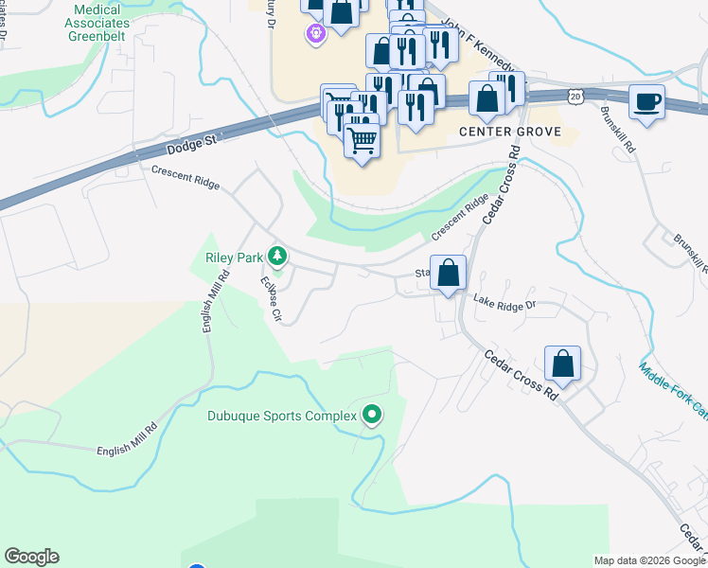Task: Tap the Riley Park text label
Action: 233,257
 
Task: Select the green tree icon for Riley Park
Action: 277,256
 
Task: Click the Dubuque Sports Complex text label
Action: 282,416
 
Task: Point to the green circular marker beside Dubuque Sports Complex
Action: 373,415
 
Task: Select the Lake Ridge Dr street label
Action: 504,303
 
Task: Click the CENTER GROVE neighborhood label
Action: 510,132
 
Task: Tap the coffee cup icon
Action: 646,101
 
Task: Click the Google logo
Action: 31,557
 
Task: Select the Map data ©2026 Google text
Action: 648,560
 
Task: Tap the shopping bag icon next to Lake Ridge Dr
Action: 449,274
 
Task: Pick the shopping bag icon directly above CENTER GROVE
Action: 487,98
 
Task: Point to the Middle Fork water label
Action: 672,389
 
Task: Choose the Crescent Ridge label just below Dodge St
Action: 186,176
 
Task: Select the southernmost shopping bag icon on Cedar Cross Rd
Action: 562,364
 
